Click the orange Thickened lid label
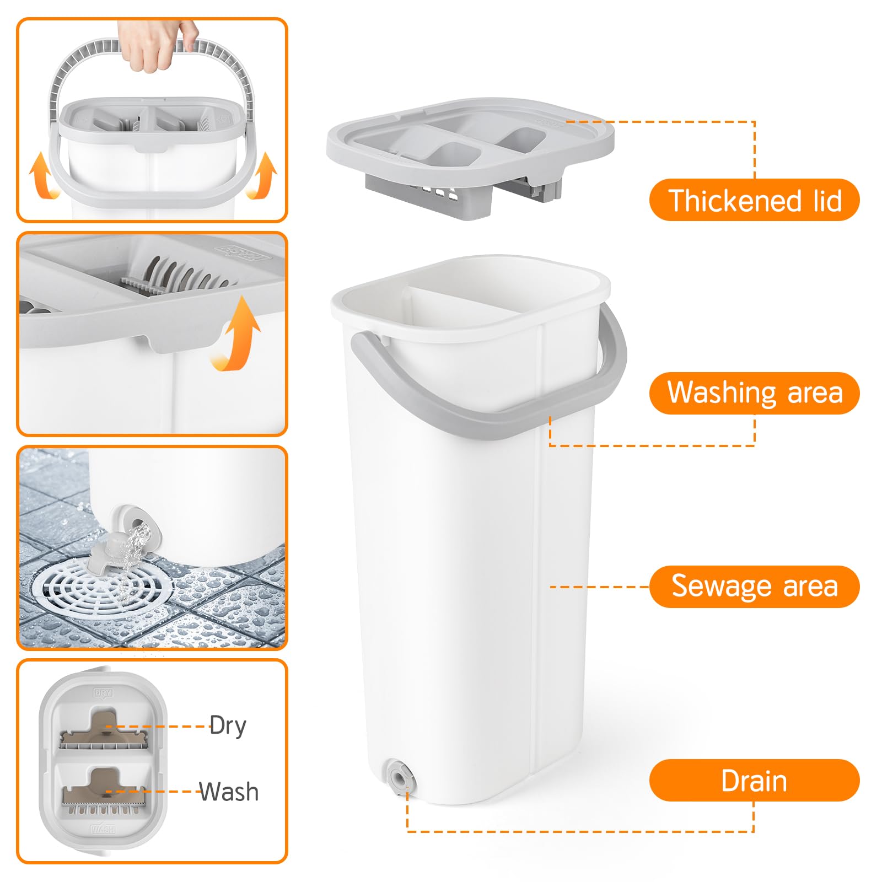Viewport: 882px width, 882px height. click(x=754, y=200)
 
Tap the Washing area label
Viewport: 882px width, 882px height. click(x=754, y=393)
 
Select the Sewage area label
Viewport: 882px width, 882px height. click(x=754, y=586)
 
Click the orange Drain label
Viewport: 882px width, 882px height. click(x=754, y=781)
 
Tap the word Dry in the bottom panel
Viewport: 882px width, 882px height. click(x=228, y=726)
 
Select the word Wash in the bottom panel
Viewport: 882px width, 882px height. click(x=229, y=792)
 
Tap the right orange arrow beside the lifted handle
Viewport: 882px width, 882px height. click(x=262, y=176)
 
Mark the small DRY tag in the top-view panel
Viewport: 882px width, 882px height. click(x=103, y=693)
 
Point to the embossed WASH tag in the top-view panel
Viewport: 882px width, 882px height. click(x=103, y=829)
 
